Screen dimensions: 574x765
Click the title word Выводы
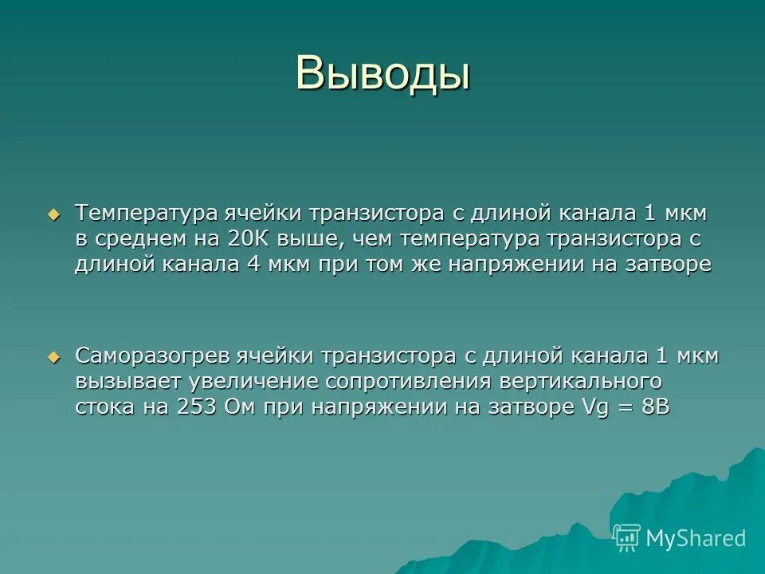click(382, 74)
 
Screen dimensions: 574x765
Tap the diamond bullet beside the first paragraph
click(53, 214)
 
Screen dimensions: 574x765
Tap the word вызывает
click(127, 381)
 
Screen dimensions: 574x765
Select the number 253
click(198, 406)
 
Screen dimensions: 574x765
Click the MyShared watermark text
click(696, 538)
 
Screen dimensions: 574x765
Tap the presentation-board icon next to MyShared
click(626, 537)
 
